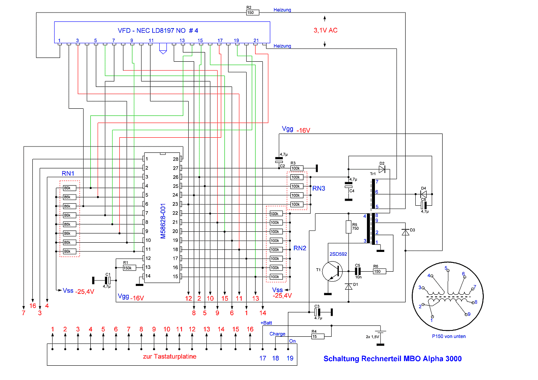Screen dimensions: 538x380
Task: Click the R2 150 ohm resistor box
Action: [253, 13]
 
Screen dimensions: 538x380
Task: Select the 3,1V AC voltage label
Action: [325, 30]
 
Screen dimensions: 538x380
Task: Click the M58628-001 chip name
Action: [163, 221]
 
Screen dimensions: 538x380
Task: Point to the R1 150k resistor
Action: [129, 268]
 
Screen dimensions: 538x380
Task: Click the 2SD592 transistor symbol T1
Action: [332, 272]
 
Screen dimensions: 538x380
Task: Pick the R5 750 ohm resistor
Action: [348, 227]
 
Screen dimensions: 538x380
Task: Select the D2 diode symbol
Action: [382, 169]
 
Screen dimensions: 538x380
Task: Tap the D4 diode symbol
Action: [424, 194]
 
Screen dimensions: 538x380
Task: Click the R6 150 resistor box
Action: [380, 271]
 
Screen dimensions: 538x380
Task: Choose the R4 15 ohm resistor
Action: [318, 336]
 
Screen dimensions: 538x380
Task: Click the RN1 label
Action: [68, 173]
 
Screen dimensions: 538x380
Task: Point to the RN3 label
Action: [319, 189]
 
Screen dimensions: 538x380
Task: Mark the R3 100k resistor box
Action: [297, 168]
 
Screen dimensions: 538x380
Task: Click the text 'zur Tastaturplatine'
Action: [169, 356]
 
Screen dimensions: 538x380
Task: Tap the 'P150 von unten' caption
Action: [448, 336]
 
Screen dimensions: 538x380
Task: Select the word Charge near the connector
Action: [277, 334]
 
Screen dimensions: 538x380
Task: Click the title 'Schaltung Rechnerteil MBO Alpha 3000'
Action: [393, 359]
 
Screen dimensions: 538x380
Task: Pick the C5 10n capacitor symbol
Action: [358, 271]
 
